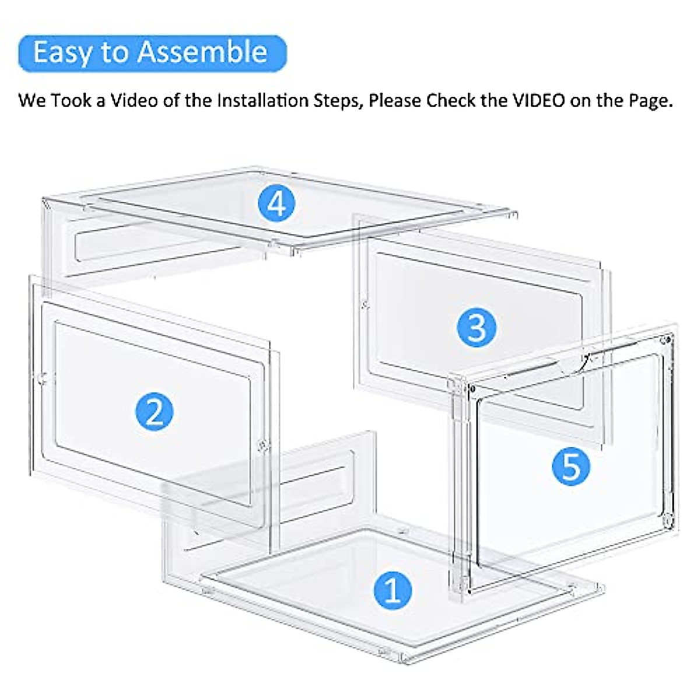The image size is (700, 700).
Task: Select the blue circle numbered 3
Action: (477, 326)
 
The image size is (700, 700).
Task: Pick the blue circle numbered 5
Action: (571, 466)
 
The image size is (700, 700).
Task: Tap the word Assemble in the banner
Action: (202, 52)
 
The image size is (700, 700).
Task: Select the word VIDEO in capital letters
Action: (538, 100)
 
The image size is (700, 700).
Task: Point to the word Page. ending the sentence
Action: (650, 100)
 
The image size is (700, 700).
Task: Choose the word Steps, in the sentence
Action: (341, 100)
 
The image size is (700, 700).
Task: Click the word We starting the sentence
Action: (32, 100)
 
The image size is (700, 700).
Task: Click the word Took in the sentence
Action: (71, 100)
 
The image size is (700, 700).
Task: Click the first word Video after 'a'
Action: (135, 100)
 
